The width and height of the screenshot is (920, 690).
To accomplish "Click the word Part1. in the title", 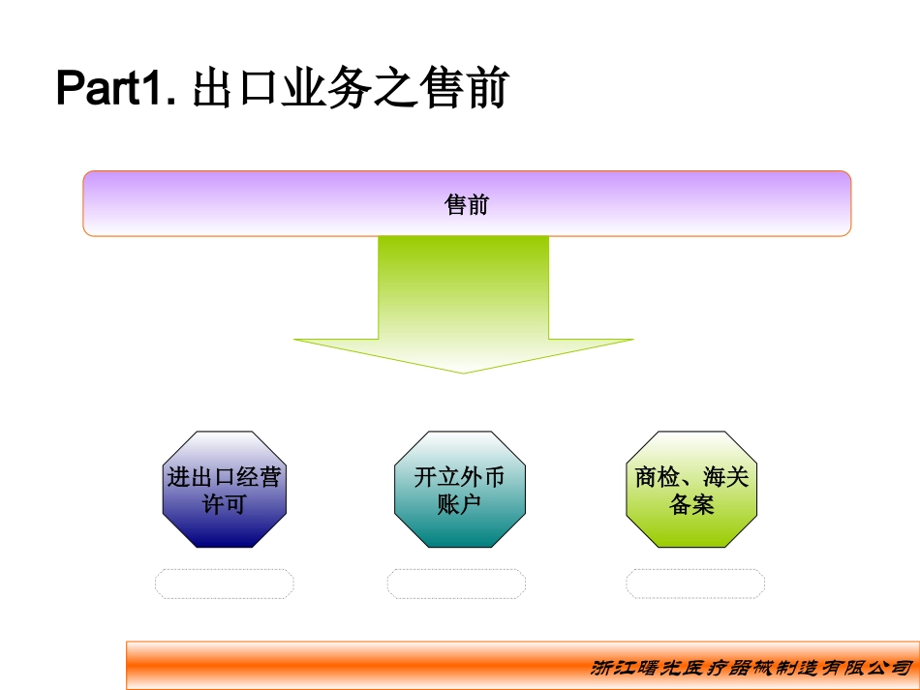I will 114,88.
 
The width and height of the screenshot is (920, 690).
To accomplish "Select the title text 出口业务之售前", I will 351,89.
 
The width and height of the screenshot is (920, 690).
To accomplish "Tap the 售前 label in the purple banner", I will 467,205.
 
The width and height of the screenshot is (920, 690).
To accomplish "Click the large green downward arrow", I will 463,300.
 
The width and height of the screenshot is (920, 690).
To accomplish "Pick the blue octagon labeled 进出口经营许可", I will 224,490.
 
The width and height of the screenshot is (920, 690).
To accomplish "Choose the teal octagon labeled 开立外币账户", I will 459,490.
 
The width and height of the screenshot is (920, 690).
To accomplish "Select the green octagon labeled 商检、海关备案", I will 691,490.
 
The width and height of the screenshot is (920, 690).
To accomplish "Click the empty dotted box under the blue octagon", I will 224,584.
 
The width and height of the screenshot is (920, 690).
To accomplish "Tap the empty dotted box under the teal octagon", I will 456,584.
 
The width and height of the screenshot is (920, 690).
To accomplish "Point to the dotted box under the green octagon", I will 694,584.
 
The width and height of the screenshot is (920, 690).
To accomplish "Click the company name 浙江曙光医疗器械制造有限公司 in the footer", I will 751,668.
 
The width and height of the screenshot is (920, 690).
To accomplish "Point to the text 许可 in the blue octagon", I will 224,504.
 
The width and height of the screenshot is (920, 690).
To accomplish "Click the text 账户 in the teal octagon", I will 459,504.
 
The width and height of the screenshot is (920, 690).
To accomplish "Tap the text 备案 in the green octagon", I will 691,504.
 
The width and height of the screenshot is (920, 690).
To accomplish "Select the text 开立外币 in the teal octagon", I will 459,477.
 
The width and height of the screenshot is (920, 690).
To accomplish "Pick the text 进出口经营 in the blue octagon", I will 224,477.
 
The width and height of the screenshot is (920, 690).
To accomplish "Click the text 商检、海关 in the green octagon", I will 691,477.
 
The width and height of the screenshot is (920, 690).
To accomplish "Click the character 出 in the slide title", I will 211,89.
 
